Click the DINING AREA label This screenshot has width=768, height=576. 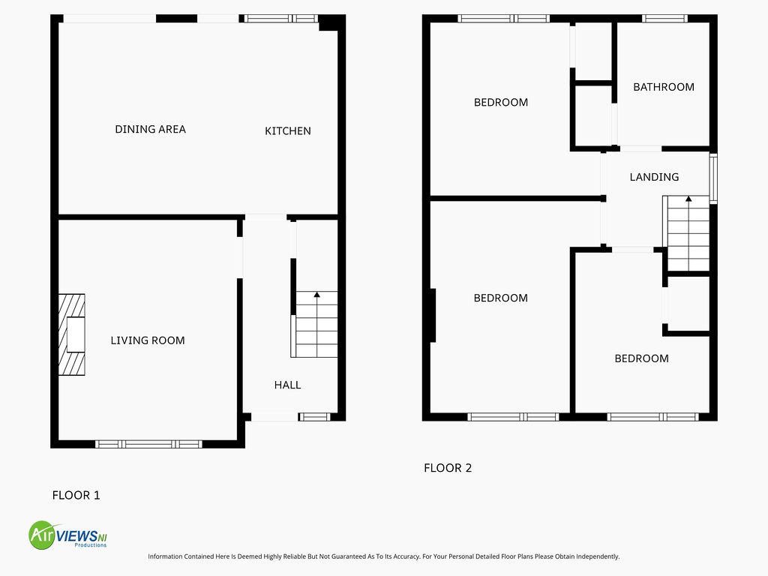[x=150, y=129]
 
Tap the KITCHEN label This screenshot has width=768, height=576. [x=287, y=131]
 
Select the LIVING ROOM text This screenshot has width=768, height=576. [x=147, y=340]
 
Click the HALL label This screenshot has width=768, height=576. [x=287, y=385]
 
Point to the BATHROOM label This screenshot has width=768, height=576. [x=663, y=87]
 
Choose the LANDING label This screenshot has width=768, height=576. [x=654, y=177]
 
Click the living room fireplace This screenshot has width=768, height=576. [x=73, y=334]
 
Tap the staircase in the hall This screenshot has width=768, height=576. [x=316, y=325]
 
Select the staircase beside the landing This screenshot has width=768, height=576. [x=688, y=233]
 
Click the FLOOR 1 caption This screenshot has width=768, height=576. [x=76, y=495]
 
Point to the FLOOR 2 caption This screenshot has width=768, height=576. [x=448, y=468]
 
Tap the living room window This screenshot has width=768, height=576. [x=148, y=444]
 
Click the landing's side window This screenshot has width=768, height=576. [x=713, y=178]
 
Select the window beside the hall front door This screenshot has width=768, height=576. [x=314, y=417]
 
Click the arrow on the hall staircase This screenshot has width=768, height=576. [x=316, y=295]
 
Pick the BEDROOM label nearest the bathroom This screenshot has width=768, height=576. [x=500, y=103]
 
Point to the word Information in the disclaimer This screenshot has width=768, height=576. [x=166, y=556]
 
